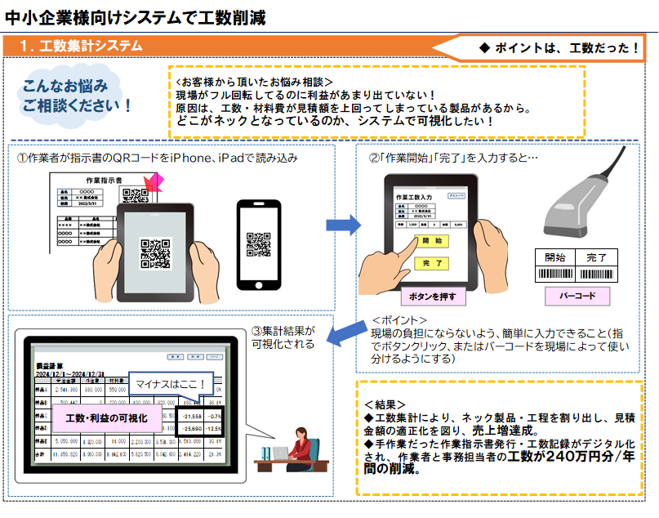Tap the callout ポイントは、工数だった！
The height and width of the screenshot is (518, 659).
[x=559, y=47]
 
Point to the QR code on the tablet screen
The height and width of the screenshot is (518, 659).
[x=155, y=252]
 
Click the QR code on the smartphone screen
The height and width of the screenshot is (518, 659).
[x=259, y=243]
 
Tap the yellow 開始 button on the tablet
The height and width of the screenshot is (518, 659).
[x=432, y=241]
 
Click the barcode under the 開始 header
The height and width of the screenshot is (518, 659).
[x=555, y=275]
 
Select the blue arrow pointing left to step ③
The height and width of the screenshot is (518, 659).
[x=348, y=332]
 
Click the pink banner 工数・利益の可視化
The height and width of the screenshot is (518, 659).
[x=106, y=418]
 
